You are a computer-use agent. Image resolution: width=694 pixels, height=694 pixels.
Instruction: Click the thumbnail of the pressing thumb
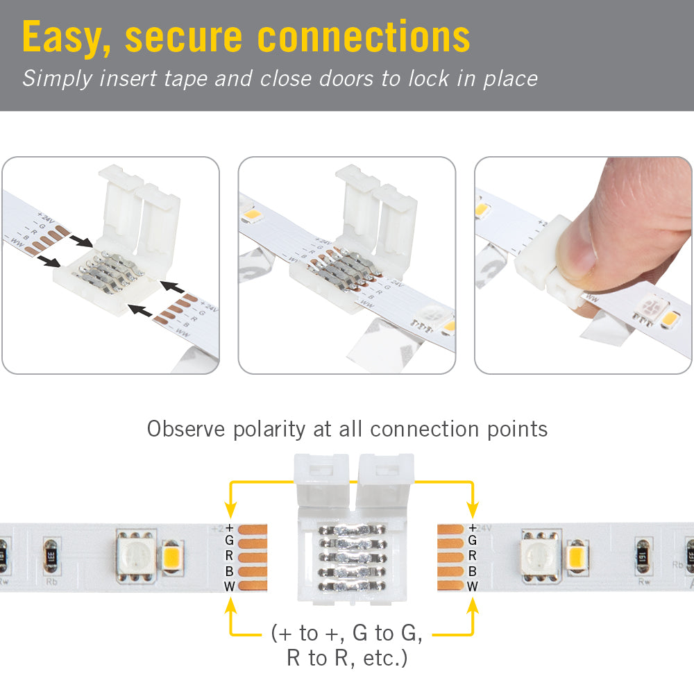[583, 265]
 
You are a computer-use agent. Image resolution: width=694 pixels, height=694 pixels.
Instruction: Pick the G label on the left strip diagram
[229, 541]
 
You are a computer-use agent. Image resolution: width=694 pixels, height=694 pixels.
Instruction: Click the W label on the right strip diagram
[473, 586]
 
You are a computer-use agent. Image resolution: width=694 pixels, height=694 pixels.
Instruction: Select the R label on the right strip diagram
[473, 556]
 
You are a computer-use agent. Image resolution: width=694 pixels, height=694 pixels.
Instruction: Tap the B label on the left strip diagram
[229, 572]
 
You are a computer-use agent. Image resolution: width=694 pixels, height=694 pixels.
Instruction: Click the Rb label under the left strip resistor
[51, 582]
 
